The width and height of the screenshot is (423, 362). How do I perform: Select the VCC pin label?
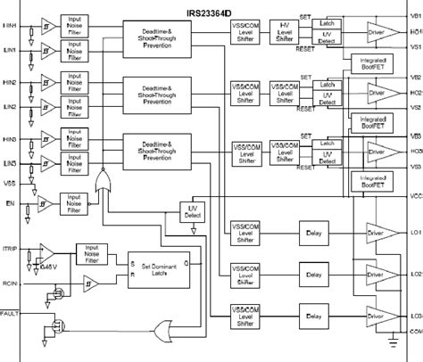[x=414, y=193]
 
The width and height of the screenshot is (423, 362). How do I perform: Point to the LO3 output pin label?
[x=414, y=317]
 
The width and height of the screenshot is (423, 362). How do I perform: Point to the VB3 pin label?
[x=414, y=135]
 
